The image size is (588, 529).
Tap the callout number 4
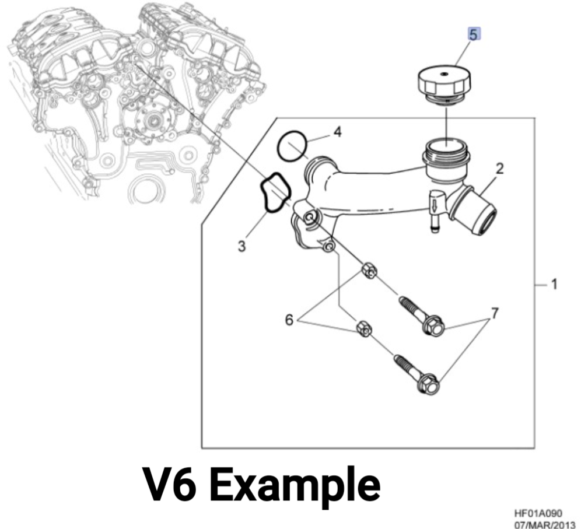tap(337, 132)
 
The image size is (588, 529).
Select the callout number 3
tap(241, 246)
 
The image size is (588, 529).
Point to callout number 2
tap(499, 169)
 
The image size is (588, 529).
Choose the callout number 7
tap(494, 314)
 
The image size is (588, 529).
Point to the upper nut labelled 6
tap(367, 269)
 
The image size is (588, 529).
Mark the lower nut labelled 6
tap(363, 328)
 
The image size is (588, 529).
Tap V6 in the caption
tap(170, 485)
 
